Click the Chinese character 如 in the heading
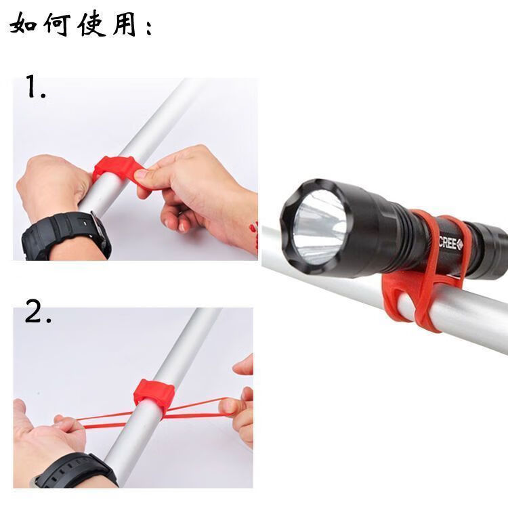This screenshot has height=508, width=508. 24,25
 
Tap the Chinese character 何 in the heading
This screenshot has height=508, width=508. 56,25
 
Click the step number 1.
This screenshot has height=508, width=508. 35,88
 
